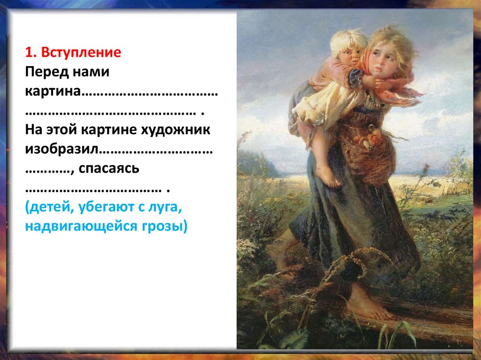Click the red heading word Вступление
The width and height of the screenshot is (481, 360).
[x=81, y=52]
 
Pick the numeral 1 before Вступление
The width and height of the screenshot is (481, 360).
[x=29, y=52]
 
